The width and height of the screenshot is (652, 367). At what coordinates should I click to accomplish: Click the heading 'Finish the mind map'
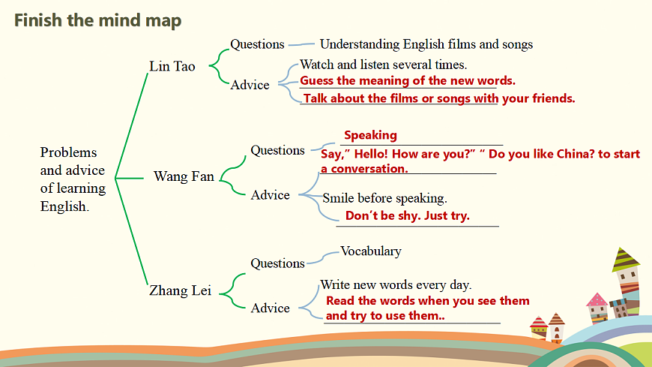click(x=97, y=20)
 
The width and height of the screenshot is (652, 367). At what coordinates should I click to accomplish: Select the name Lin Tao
click(x=172, y=66)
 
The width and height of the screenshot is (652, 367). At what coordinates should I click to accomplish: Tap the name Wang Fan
click(x=184, y=176)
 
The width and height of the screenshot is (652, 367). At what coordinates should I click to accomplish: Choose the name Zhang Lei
click(x=180, y=290)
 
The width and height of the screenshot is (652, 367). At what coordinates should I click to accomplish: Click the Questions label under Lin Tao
click(x=257, y=44)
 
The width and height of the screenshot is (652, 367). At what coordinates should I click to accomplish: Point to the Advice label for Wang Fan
click(x=271, y=195)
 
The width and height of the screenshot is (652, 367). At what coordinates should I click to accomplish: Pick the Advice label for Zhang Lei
click(x=271, y=308)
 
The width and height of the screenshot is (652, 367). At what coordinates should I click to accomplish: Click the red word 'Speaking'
click(x=370, y=135)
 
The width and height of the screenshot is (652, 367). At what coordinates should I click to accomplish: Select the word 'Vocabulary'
click(x=371, y=251)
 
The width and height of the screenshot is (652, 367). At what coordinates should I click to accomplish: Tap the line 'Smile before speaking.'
click(x=384, y=198)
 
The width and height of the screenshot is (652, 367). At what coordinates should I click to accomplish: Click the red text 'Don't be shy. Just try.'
click(x=408, y=216)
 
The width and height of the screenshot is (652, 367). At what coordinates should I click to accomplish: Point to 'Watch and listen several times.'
click(x=384, y=65)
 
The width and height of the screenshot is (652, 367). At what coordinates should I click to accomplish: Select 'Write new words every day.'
click(x=396, y=285)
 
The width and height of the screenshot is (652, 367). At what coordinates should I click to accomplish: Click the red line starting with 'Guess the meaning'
click(x=408, y=80)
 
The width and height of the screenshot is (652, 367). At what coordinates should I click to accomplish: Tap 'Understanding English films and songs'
click(x=426, y=44)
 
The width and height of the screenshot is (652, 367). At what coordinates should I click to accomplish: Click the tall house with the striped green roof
click(x=627, y=281)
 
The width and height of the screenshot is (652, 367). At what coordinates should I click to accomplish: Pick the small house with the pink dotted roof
click(x=597, y=308)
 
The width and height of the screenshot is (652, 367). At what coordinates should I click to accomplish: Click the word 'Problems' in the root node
click(x=69, y=152)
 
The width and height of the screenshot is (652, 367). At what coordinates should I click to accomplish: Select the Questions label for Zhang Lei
click(x=278, y=263)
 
